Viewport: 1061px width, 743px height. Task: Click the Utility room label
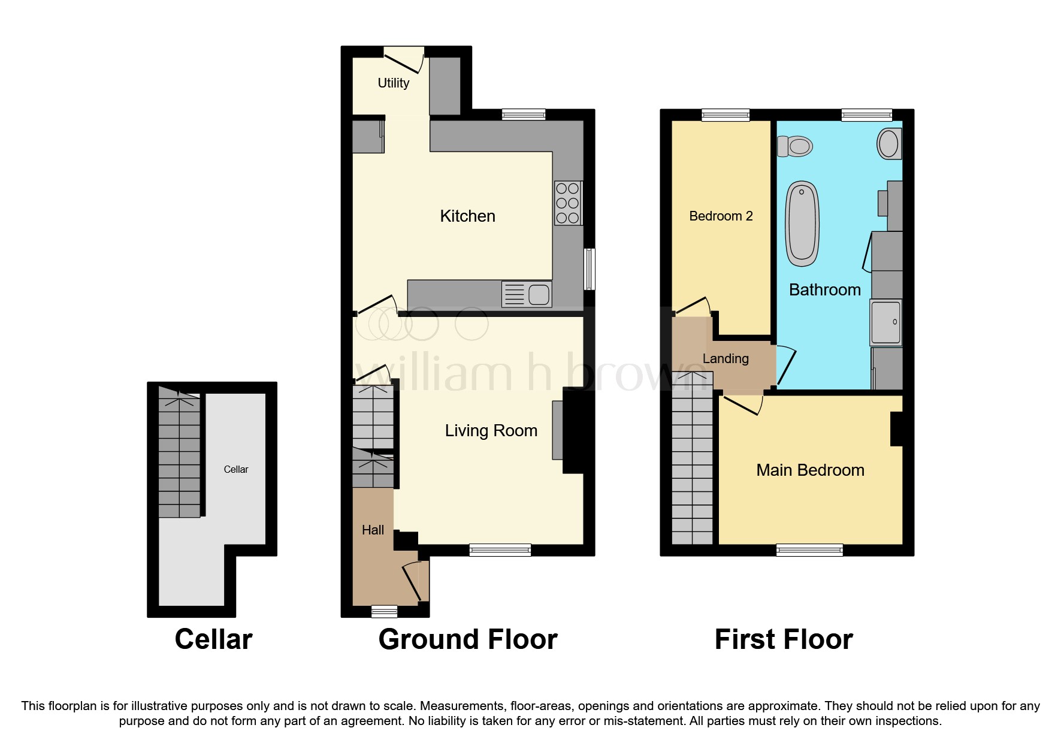pyautogui.click(x=393, y=83)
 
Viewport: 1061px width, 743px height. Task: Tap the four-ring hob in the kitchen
pyautogui.click(x=567, y=203)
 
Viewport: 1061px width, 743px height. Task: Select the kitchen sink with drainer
pyautogui.click(x=527, y=294)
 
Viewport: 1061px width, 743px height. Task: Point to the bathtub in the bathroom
pyautogui.click(x=802, y=223)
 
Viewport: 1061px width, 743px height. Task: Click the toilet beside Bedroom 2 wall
pyautogui.click(x=794, y=146)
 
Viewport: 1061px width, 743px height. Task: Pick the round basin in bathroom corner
pyautogui.click(x=888, y=144)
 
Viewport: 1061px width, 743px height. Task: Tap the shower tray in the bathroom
pyautogui.click(x=885, y=322)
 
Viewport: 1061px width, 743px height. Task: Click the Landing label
pyautogui.click(x=725, y=358)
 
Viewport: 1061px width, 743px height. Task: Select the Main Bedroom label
pyautogui.click(x=810, y=470)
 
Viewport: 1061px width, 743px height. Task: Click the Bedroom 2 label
pyautogui.click(x=721, y=216)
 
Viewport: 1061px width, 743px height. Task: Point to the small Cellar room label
pyautogui.click(x=235, y=469)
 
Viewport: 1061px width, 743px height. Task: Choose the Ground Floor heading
pyautogui.click(x=467, y=639)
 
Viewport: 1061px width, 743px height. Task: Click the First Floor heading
pyautogui.click(x=783, y=639)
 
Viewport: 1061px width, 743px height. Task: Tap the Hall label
pyautogui.click(x=373, y=530)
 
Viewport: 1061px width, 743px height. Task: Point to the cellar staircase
pyautogui.click(x=179, y=455)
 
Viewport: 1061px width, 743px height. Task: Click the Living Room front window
pyautogui.click(x=500, y=549)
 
